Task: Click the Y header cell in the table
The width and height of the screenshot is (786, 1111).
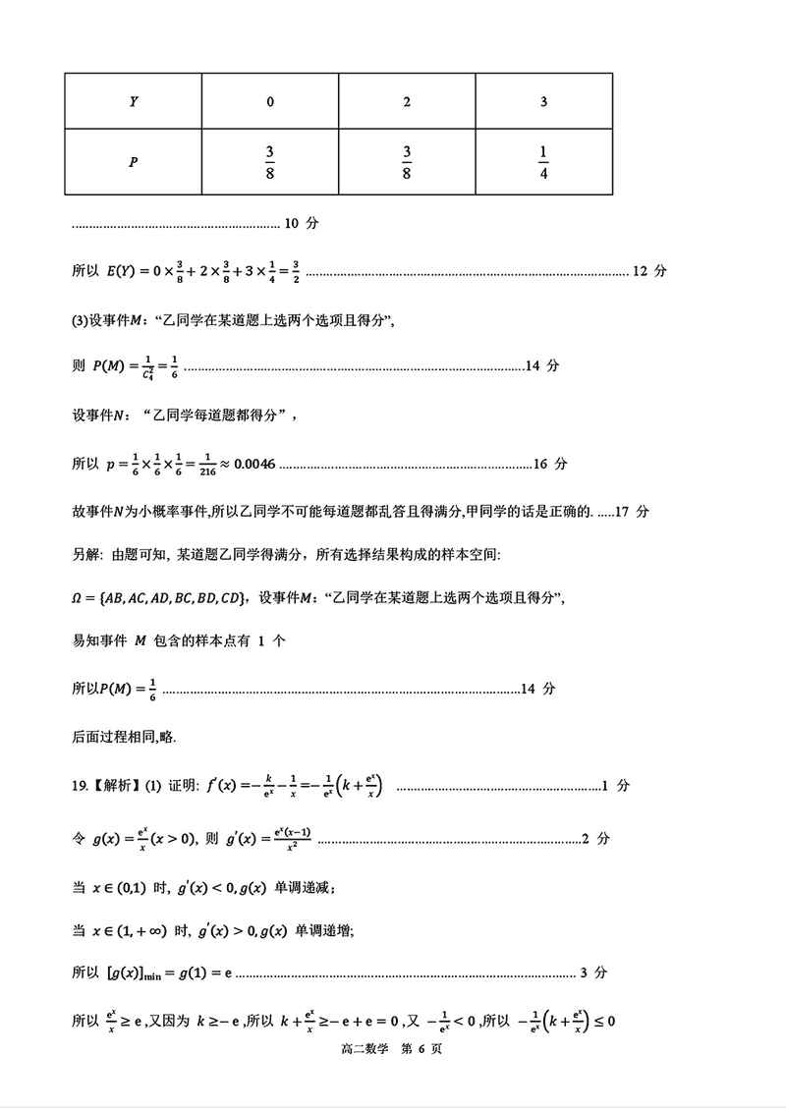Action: (x=134, y=101)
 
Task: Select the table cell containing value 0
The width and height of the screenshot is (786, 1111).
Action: (x=270, y=101)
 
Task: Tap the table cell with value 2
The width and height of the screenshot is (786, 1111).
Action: (x=407, y=101)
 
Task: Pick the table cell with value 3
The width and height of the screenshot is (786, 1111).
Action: (x=543, y=101)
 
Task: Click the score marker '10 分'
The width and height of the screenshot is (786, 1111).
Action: (x=302, y=223)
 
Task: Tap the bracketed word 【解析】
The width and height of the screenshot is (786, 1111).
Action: (x=116, y=785)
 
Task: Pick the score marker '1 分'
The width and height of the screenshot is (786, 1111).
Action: (x=615, y=785)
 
